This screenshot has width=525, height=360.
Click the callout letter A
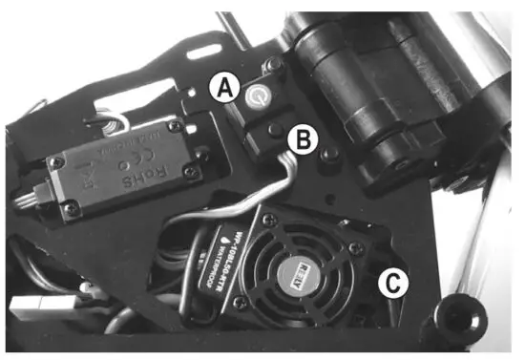224,89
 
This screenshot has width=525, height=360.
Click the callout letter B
303,141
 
